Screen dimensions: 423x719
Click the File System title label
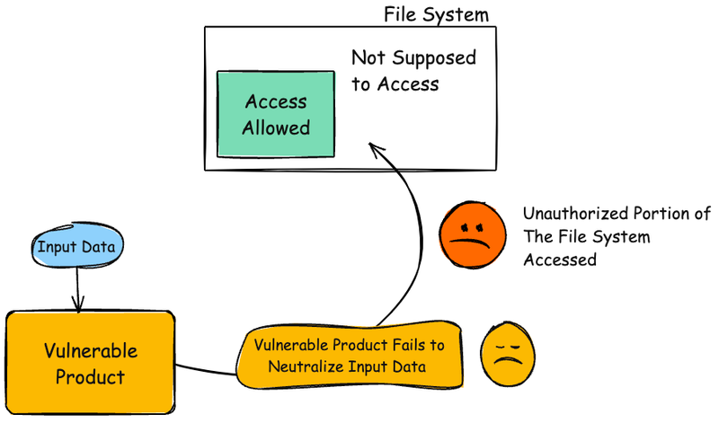coord(436,14)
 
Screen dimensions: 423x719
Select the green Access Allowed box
coord(276,115)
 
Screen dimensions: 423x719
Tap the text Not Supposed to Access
coord(413,71)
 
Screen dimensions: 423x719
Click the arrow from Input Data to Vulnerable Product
coord(78,289)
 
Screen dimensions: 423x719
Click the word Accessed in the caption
coord(559,260)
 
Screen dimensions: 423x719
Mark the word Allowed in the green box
coord(275,128)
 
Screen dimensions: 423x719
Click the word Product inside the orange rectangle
coord(90,376)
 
